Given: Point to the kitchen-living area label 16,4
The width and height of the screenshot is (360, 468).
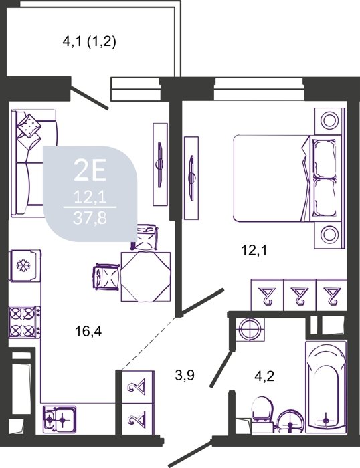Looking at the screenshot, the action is click(88, 331).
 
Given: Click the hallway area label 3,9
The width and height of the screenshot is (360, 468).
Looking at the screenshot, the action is click(185, 375).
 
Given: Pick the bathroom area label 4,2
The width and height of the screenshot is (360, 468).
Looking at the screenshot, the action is click(264, 376).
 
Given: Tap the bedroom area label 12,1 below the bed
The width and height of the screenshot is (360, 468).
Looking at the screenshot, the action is click(254, 251).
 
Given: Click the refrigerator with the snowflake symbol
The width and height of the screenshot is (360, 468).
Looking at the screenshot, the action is click(25, 265).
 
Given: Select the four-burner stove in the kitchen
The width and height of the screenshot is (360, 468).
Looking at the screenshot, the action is click(25, 322).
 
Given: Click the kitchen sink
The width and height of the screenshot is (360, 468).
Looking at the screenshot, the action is click(60, 419).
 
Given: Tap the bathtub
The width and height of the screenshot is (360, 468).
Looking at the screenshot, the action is click(326, 386).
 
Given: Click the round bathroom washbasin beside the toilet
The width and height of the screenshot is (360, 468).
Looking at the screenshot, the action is click(290, 421).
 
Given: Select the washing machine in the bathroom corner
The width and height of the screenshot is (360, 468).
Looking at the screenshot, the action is click(250, 330).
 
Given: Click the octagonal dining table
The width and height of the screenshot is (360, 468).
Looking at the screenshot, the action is click(145, 276).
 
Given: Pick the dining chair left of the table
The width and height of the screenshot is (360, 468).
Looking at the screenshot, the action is click(106, 275).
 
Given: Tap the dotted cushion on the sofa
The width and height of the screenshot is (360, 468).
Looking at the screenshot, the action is click(29, 126).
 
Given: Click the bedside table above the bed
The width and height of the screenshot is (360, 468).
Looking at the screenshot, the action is click(329, 120).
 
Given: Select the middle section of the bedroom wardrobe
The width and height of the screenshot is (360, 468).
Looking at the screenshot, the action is click(300, 295).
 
